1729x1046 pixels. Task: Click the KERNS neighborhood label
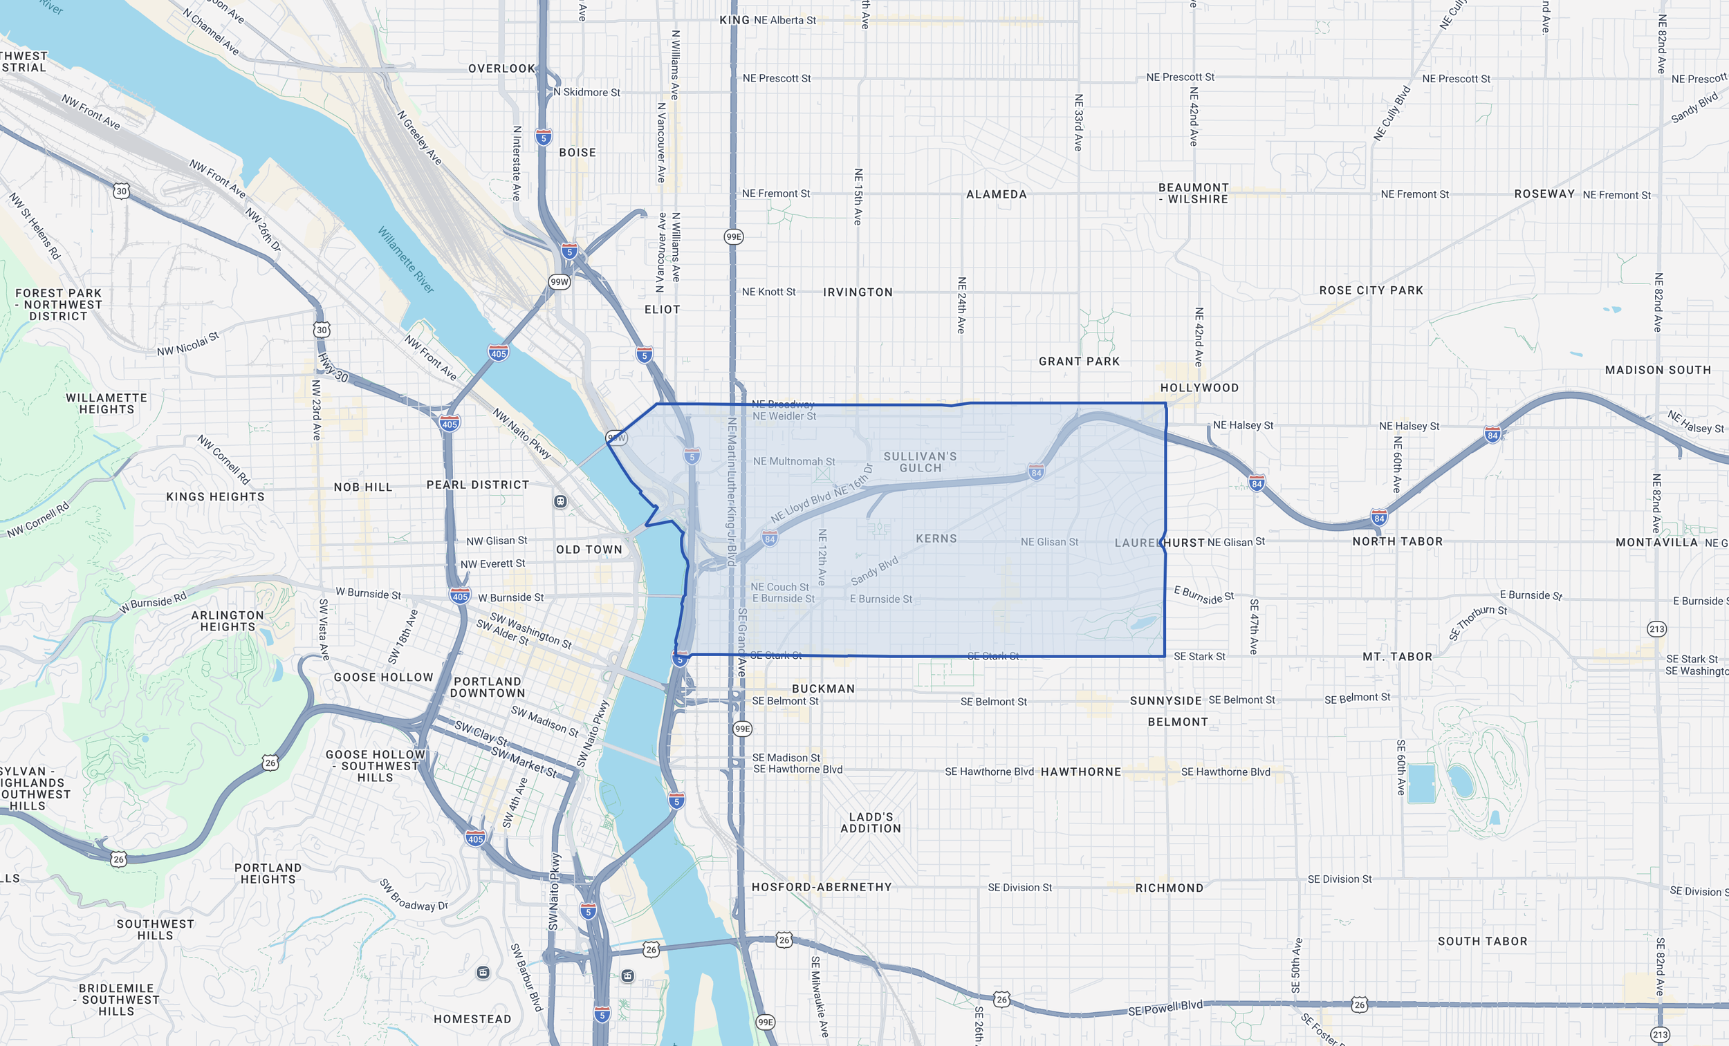click(x=936, y=539)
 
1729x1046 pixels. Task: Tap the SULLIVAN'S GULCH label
click(x=920, y=463)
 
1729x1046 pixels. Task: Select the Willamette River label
click(x=405, y=259)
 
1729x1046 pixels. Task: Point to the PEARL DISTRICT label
click(x=478, y=485)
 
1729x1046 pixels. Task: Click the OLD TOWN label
click(x=589, y=550)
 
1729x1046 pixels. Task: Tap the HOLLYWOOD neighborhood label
click(x=1199, y=388)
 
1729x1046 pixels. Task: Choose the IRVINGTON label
click(x=858, y=292)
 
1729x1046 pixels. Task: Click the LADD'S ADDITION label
click(x=870, y=822)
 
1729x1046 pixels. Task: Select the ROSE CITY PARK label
click(x=1371, y=290)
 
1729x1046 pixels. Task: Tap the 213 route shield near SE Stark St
click(x=1656, y=628)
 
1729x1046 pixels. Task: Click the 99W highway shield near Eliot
click(x=560, y=282)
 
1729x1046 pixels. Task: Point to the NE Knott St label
click(x=768, y=292)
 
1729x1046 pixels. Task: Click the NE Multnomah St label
click(x=794, y=462)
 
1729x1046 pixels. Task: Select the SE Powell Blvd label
click(x=1165, y=1008)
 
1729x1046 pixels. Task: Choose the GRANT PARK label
click(x=1078, y=362)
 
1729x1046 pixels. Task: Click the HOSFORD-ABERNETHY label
click(x=821, y=888)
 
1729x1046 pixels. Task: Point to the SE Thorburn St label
click(x=1477, y=622)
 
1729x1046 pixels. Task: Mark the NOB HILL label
click(x=363, y=487)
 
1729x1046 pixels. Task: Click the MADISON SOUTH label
click(x=1658, y=370)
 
